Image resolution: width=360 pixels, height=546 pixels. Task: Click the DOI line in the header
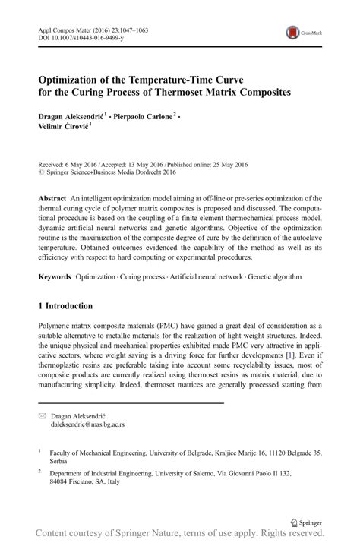click(76, 38)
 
